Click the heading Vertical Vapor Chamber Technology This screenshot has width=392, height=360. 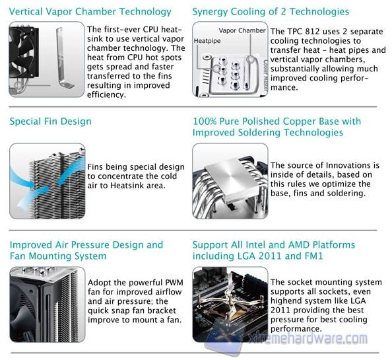pyautogui.click(x=90, y=11)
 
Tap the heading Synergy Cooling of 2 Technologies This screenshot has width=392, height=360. pyautogui.click(x=271, y=12)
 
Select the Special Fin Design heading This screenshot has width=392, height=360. pyautogui.click(x=51, y=122)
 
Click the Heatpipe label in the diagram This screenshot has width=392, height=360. pyautogui.click(x=207, y=41)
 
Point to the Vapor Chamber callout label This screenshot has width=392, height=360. pyautogui.click(x=242, y=30)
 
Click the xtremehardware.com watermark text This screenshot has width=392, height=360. pyautogui.click(x=308, y=338)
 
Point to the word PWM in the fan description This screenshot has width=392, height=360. pyautogui.click(x=174, y=283)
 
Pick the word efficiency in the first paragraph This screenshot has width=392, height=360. pyautogui.click(x=106, y=95)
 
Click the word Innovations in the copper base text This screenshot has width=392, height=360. pyautogui.click(x=346, y=165)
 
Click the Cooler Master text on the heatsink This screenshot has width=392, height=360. pyautogui.click(x=265, y=75)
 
